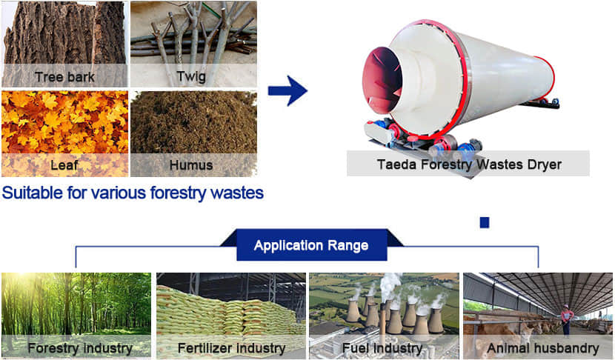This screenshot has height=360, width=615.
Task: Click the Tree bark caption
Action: (64, 76)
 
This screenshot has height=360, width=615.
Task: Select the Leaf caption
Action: (64, 164)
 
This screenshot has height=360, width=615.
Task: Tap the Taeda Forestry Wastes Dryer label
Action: (468, 164)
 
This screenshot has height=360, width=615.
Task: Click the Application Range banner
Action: (311, 245)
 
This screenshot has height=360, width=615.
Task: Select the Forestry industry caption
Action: (80, 347)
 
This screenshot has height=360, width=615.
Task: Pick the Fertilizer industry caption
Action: (231, 347)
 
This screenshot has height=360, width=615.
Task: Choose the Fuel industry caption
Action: (383, 347)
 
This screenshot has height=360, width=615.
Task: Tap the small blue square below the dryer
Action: (485, 221)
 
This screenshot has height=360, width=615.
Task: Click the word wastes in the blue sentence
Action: (238, 194)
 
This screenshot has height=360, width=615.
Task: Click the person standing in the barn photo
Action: (566, 319)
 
